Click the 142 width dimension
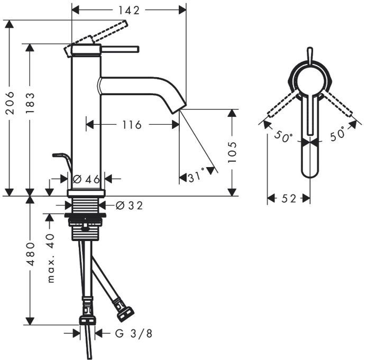click(x=129, y=10)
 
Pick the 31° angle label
click(x=196, y=178)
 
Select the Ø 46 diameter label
click(x=87, y=179)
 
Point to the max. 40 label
click(x=51, y=259)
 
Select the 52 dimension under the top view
click(x=288, y=199)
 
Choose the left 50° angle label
click(x=283, y=136)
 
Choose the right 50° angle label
click(x=337, y=134)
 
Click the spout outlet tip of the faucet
click(x=179, y=108)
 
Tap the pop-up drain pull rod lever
click(x=61, y=157)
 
